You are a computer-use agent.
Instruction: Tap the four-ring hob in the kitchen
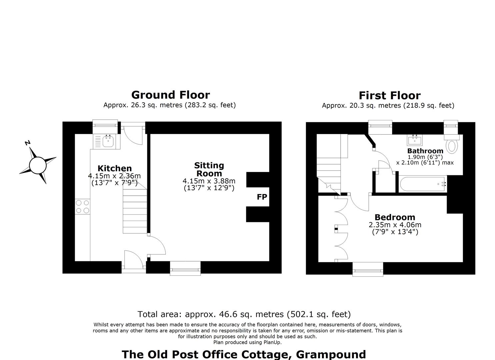point(82,207)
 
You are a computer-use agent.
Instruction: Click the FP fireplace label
point(262,197)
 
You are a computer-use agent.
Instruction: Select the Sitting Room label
point(209,169)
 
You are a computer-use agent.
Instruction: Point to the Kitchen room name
point(115,168)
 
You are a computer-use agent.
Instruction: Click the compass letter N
point(27,143)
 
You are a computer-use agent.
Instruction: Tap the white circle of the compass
point(38,165)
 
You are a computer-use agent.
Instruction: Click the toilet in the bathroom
point(452,144)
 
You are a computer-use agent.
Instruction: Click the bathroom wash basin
point(415,140)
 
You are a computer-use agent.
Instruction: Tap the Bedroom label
point(395,217)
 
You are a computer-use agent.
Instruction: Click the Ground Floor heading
point(171,95)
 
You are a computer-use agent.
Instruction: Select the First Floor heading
point(390,96)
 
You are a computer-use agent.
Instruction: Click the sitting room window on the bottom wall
point(185,268)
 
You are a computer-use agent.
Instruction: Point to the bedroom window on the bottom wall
point(368,269)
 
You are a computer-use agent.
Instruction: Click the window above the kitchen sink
point(105,127)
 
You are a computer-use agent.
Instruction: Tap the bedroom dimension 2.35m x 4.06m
point(395,225)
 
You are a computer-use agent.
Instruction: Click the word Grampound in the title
point(331,355)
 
